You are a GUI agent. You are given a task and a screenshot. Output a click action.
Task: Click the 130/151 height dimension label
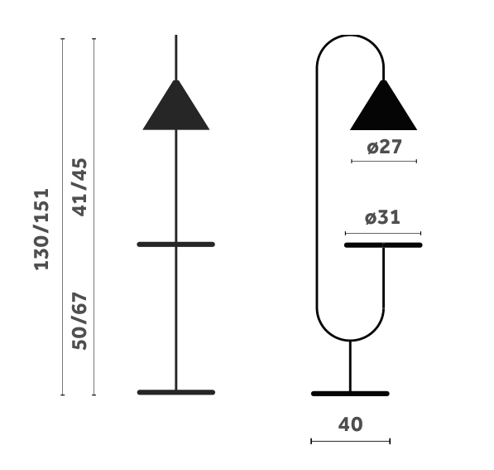click(x=41, y=229)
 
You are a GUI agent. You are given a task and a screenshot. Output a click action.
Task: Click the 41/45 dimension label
click(x=79, y=187)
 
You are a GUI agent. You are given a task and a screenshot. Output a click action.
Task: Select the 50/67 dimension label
click(x=79, y=321)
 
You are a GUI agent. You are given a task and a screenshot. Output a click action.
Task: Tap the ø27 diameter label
click(x=385, y=147)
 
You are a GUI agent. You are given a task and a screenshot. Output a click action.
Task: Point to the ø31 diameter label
click(x=382, y=217)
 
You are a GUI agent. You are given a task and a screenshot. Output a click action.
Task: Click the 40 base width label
click(x=350, y=424)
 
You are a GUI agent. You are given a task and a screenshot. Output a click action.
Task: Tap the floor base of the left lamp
click(x=176, y=392)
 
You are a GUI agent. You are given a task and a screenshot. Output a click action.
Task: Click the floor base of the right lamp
click(x=350, y=394)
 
